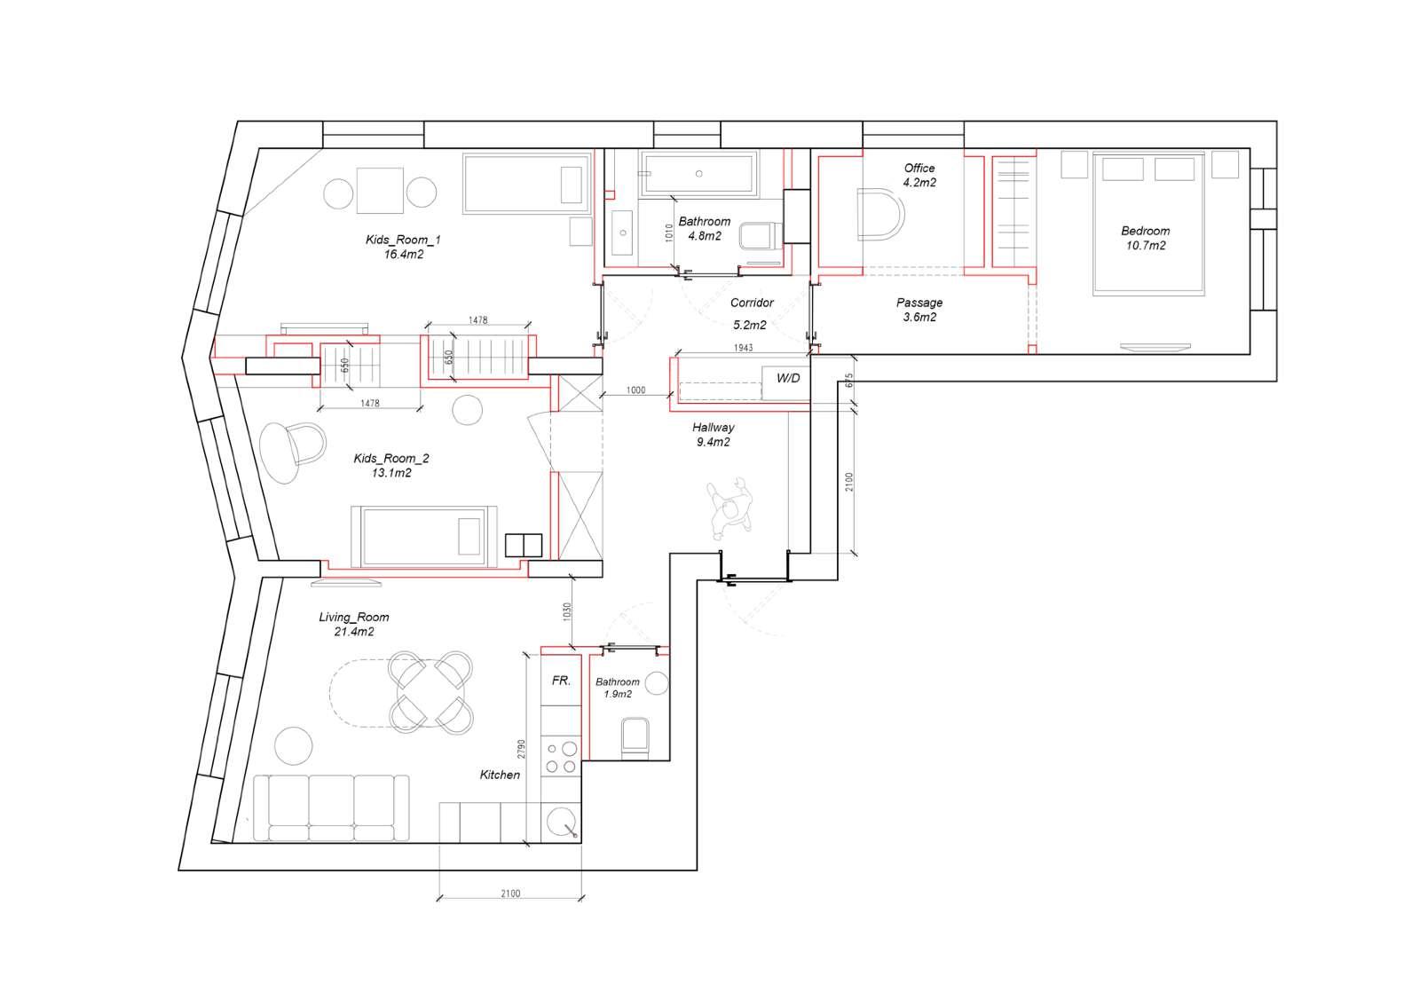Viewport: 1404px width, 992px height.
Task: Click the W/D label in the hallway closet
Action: click(788, 378)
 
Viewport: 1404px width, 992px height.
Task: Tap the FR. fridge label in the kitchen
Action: click(561, 681)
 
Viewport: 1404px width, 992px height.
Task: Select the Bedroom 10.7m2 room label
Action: click(1145, 238)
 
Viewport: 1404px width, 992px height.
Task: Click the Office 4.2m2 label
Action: click(919, 176)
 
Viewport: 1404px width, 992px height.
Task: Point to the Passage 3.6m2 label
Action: click(919, 310)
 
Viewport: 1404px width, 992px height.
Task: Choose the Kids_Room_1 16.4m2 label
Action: click(403, 247)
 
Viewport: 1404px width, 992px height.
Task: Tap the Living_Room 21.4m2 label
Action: click(353, 624)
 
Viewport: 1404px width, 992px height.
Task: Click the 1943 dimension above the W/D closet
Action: click(744, 348)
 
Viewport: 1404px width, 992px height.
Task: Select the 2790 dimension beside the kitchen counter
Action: click(521, 749)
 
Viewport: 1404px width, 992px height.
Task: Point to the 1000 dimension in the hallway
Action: click(635, 390)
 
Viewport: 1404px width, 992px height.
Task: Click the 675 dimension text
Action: click(849, 381)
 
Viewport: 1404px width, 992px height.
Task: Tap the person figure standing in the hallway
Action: click(730, 508)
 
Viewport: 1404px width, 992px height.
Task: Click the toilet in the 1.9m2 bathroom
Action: click(635, 737)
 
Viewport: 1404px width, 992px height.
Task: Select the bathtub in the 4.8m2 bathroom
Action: click(698, 174)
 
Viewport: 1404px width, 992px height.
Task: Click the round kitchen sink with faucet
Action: click(562, 822)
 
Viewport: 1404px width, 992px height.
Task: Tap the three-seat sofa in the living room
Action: click(331, 807)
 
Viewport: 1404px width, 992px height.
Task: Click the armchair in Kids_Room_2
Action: click(293, 453)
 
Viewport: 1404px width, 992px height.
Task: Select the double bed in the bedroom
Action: click(1148, 224)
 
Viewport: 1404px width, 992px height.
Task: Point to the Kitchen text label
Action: click(500, 775)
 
